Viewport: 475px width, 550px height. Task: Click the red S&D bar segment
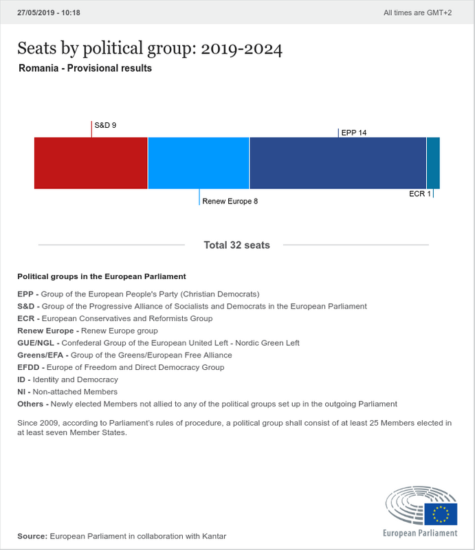click(x=91, y=163)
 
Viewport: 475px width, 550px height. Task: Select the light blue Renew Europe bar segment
click(x=199, y=163)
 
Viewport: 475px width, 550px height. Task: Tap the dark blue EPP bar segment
click(x=338, y=163)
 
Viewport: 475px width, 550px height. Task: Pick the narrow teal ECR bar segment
click(x=433, y=163)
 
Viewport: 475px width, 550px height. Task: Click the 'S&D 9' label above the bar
click(x=105, y=125)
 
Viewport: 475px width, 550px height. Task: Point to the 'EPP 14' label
click(x=353, y=133)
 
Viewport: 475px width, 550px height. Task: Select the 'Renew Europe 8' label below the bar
click(x=230, y=201)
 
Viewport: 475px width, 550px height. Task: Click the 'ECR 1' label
click(x=420, y=194)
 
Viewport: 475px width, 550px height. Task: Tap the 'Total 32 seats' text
click(x=237, y=245)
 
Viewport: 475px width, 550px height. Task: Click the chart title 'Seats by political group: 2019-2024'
click(x=150, y=49)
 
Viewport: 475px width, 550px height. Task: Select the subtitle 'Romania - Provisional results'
click(x=85, y=69)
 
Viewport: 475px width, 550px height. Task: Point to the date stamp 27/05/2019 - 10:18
click(x=48, y=12)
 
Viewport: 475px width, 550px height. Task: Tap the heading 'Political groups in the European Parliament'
click(x=102, y=276)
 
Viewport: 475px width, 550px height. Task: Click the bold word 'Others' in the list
click(x=30, y=404)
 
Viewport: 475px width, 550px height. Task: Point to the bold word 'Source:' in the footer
click(x=32, y=536)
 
